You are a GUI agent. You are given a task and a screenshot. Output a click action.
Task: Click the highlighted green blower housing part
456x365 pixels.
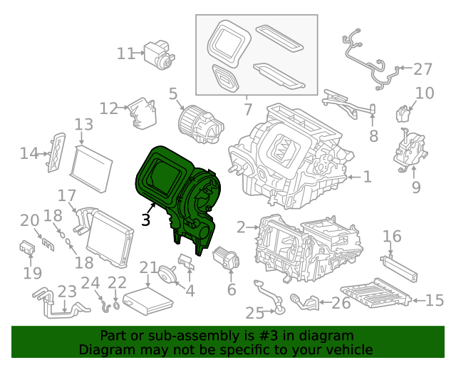click(177, 198)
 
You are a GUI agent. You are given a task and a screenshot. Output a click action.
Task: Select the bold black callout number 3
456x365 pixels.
click(145, 220)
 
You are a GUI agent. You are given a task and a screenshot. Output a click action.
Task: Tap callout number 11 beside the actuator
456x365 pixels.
click(126, 54)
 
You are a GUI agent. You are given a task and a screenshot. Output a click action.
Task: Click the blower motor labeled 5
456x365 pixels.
click(201, 124)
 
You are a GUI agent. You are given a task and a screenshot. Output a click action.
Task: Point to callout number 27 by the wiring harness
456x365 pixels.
click(423, 69)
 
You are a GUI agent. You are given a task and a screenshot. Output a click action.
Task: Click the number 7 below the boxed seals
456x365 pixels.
click(247, 110)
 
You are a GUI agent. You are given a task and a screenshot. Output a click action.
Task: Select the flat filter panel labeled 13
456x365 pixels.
click(91, 169)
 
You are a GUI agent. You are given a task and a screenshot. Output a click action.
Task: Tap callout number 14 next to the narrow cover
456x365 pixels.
click(29, 153)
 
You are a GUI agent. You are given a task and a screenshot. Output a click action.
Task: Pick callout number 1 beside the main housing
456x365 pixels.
click(368, 177)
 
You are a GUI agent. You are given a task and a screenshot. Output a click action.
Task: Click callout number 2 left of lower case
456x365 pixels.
click(241, 227)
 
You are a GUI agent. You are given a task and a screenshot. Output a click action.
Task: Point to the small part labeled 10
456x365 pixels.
click(403, 114)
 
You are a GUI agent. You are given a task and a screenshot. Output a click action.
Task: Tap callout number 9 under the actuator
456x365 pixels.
click(416, 187)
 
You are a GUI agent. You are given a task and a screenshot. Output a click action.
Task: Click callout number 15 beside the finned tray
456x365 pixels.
click(435, 300)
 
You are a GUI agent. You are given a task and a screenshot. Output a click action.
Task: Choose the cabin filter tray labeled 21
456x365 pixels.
click(148, 301)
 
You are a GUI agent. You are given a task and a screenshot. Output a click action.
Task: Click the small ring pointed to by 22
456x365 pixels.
click(116, 306)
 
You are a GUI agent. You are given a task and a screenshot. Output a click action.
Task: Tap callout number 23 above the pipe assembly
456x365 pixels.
click(67, 292)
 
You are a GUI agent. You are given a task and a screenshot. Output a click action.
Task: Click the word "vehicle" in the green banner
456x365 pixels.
click(347, 349)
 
